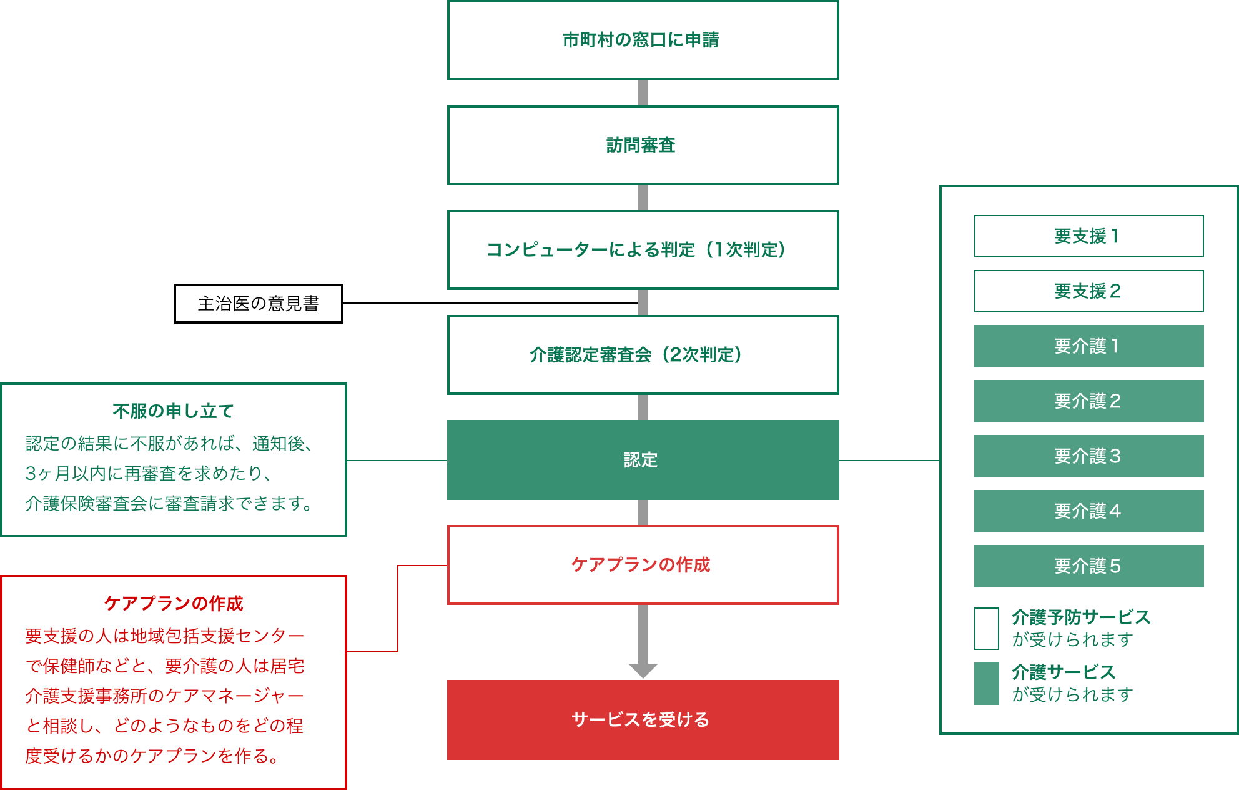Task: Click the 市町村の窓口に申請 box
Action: tap(643, 40)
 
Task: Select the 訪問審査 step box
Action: tap(643, 145)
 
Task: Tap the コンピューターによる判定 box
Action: tap(643, 250)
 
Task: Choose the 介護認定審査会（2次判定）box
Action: tap(643, 355)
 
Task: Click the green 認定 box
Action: tap(643, 460)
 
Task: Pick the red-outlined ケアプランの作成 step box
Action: tap(643, 565)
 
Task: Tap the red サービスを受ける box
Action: tap(643, 720)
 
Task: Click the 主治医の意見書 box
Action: tap(259, 304)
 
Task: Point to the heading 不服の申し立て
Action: tap(173, 411)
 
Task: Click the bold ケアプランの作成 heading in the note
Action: tap(173, 604)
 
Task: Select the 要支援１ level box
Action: tap(1088, 236)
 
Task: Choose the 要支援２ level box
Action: tap(1088, 291)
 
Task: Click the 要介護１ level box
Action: tap(1088, 346)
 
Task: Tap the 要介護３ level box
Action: tap(1088, 456)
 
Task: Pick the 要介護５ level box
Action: tap(1088, 566)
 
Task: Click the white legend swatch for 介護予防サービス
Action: tap(987, 629)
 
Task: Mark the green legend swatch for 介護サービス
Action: tap(987, 684)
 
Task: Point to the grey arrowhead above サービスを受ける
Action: tap(643, 671)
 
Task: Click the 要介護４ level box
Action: tap(1088, 511)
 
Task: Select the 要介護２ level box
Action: tap(1088, 401)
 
